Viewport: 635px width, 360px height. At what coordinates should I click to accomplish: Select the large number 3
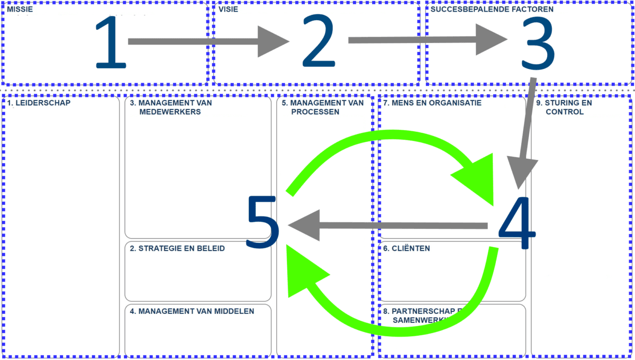click(536, 44)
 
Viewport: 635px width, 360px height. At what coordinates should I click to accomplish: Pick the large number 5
click(263, 222)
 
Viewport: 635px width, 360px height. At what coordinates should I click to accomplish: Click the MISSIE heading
click(20, 10)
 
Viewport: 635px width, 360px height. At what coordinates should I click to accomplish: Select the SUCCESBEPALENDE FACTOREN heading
click(492, 10)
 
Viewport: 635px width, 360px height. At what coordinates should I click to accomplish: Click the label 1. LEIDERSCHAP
click(39, 103)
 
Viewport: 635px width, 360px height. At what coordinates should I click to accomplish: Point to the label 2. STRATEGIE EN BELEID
click(177, 248)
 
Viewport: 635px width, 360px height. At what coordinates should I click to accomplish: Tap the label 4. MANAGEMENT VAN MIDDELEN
click(192, 311)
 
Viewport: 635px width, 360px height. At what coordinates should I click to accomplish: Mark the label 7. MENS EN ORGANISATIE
click(432, 103)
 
